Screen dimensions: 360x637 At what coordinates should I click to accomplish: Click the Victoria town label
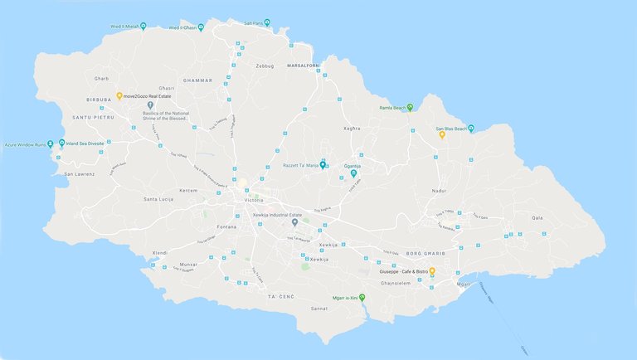(x=254, y=201)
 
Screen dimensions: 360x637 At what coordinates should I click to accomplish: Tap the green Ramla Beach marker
(x=410, y=108)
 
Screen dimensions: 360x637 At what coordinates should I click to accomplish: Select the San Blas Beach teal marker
(x=471, y=128)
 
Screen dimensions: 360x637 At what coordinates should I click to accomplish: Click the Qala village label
(x=537, y=217)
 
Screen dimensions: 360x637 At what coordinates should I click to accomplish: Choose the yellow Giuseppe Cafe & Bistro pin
(x=432, y=271)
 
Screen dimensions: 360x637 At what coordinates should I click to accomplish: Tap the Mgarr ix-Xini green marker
(x=362, y=297)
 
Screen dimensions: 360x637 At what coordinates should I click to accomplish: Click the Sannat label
(x=318, y=309)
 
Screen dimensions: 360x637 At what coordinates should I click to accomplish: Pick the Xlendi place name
(x=160, y=252)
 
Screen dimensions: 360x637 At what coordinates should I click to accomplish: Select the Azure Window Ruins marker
(x=51, y=144)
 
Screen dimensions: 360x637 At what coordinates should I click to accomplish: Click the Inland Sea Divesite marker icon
(x=61, y=144)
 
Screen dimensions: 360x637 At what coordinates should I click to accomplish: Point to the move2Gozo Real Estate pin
(x=119, y=96)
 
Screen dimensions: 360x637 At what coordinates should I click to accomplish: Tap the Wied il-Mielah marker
(x=143, y=26)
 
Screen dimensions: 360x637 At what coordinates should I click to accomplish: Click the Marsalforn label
(x=303, y=64)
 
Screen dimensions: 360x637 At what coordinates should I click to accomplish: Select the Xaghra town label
(x=352, y=129)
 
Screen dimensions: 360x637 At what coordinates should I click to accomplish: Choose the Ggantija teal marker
(x=354, y=173)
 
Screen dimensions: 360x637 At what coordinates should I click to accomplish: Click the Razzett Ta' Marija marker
(x=323, y=163)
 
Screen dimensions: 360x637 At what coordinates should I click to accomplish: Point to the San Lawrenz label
(x=80, y=174)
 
